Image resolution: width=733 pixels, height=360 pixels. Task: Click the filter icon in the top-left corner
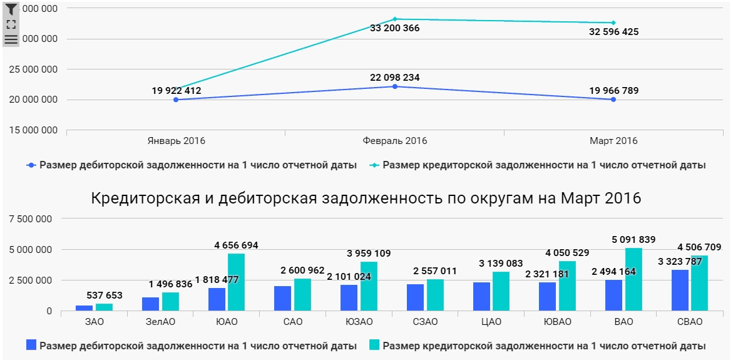pos(11,9)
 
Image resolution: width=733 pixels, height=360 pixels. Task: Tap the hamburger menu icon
pos(11,39)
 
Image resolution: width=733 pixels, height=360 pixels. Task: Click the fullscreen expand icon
pos(11,24)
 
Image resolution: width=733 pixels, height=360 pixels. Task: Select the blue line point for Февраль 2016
pos(395,86)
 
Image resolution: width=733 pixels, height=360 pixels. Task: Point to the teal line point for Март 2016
pos(613,23)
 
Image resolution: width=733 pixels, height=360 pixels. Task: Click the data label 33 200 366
pos(394,28)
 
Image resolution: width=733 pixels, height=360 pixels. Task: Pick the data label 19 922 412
pos(177,91)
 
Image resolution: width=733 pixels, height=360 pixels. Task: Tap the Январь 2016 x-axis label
pos(177,141)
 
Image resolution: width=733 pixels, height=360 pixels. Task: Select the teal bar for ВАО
pos(633,279)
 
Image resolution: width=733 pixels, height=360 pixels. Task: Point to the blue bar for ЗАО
pos(85,307)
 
